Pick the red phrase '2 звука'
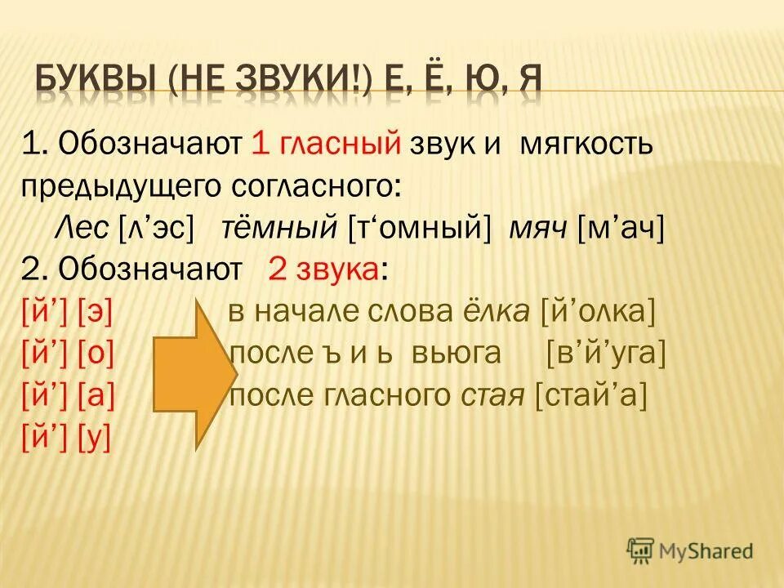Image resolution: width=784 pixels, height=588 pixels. click(323, 270)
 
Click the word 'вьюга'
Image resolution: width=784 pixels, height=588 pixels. click(463, 354)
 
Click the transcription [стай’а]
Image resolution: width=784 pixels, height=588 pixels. click(590, 396)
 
